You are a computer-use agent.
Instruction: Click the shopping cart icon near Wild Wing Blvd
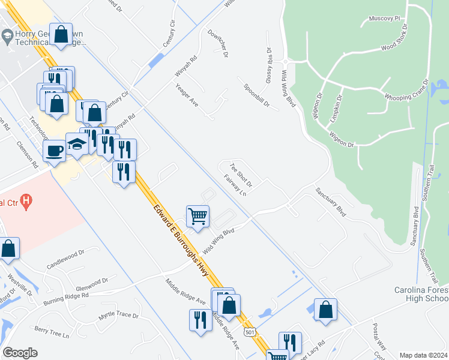(x=197, y=215)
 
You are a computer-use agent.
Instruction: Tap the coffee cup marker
(x=54, y=150)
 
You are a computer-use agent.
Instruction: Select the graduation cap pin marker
(x=77, y=143)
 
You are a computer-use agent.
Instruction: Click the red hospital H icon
(x=26, y=202)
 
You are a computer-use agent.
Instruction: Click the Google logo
(x=20, y=353)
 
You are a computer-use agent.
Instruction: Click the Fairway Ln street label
(x=235, y=185)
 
